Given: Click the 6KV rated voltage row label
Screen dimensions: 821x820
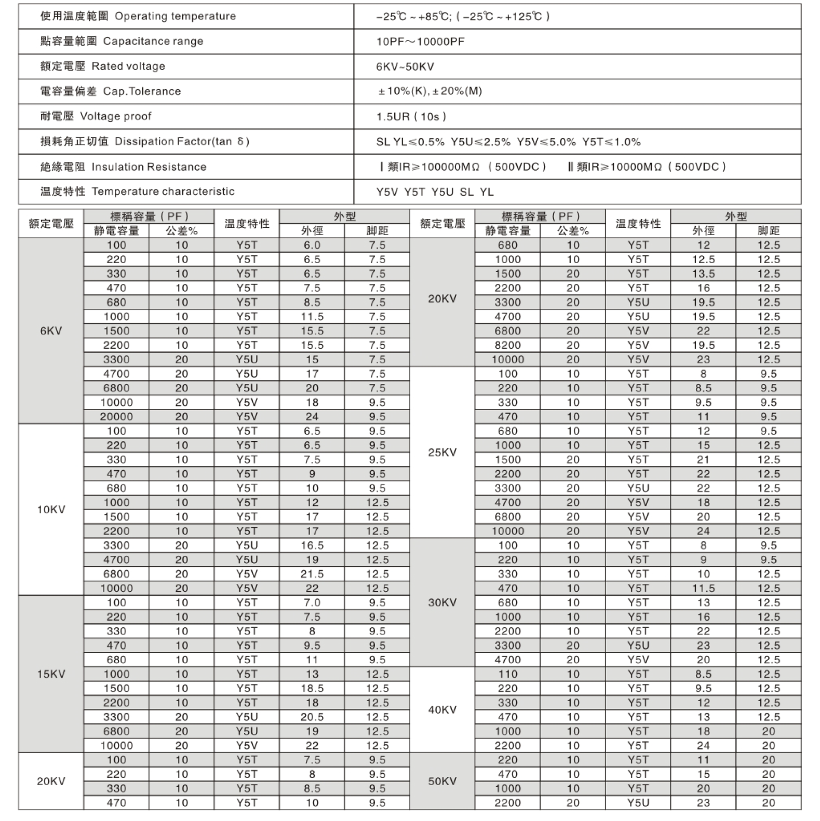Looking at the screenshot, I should click(x=51, y=331).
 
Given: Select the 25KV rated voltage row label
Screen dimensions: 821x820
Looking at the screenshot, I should click(x=442, y=453).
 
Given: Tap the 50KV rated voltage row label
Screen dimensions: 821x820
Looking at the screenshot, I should click(x=442, y=782).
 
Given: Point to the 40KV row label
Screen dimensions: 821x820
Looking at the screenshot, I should click(x=442, y=710).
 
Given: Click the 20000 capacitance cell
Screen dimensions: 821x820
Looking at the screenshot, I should click(x=116, y=417).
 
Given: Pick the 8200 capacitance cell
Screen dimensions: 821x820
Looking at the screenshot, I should click(x=507, y=346).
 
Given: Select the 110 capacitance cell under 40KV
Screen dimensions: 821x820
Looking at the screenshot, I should click(x=507, y=674).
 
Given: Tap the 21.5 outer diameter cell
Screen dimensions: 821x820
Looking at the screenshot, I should click(x=312, y=574).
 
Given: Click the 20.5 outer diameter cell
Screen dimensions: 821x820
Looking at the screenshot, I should click(x=312, y=717).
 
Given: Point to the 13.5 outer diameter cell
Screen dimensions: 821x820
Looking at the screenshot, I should click(x=703, y=274).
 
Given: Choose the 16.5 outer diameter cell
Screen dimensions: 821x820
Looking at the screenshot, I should click(x=312, y=545).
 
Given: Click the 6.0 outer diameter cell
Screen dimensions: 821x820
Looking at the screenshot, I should click(x=312, y=245).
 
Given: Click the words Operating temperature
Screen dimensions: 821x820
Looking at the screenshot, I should click(x=175, y=16).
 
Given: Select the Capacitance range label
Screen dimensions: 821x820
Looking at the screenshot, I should click(x=153, y=42).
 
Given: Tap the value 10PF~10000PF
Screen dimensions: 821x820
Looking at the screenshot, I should click(x=420, y=42).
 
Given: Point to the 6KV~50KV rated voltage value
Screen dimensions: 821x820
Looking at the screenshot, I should click(x=405, y=66).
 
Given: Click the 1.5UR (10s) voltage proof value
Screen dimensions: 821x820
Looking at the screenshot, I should click(x=411, y=117).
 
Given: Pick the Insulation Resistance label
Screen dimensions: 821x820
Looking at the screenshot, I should click(x=149, y=167).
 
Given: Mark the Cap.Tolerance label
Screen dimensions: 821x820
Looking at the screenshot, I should click(x=142, y=91).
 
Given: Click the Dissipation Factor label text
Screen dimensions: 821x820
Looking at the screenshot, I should click(x=182, y=142).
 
